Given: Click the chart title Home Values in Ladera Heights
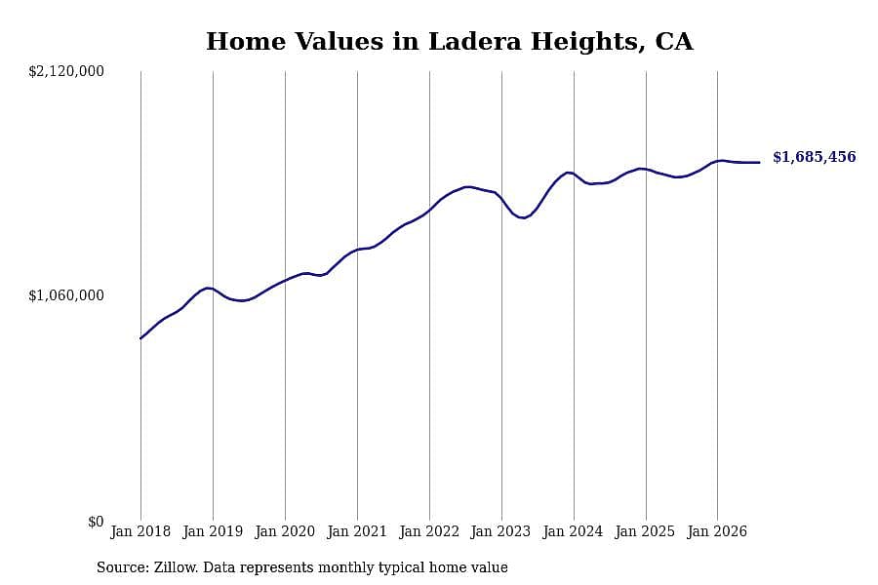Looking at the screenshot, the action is click(450, 42).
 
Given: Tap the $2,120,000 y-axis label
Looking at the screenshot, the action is click(66, 71).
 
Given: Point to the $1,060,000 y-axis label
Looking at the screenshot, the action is click(66, 295).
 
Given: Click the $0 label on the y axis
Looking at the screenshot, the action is click(96, 522).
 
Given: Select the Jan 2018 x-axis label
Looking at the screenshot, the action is click(140, 531).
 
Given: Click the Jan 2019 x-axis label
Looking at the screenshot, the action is click(213, 531).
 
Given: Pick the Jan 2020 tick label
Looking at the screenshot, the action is click(285, 531).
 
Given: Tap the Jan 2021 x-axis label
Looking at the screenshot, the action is click(357, 531).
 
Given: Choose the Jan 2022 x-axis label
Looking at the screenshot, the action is click(429, 531).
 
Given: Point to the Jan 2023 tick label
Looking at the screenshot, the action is click(500, 531).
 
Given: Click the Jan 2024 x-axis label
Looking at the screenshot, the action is click(573, 531).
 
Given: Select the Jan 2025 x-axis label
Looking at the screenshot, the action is click(645, 531).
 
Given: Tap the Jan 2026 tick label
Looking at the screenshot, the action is click(717, 531).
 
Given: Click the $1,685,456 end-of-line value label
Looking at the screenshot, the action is click(815, 157).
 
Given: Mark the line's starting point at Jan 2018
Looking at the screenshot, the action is click(140, 338).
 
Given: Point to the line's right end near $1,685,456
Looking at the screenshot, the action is click(759, 163).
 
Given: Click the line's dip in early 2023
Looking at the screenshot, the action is click(523, 217).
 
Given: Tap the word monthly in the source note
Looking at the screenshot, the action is click(345, 567).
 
